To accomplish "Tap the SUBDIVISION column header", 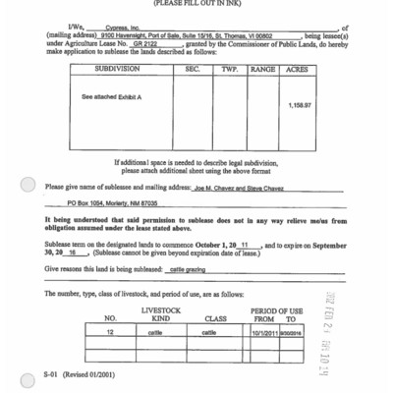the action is [x=124, y=69].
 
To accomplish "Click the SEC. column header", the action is [x=193, y=69].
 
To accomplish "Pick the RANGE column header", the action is [x=262, y=69].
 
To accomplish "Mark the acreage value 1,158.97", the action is [x=300, y=105].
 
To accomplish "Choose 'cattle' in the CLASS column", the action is [x=209, y=333].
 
